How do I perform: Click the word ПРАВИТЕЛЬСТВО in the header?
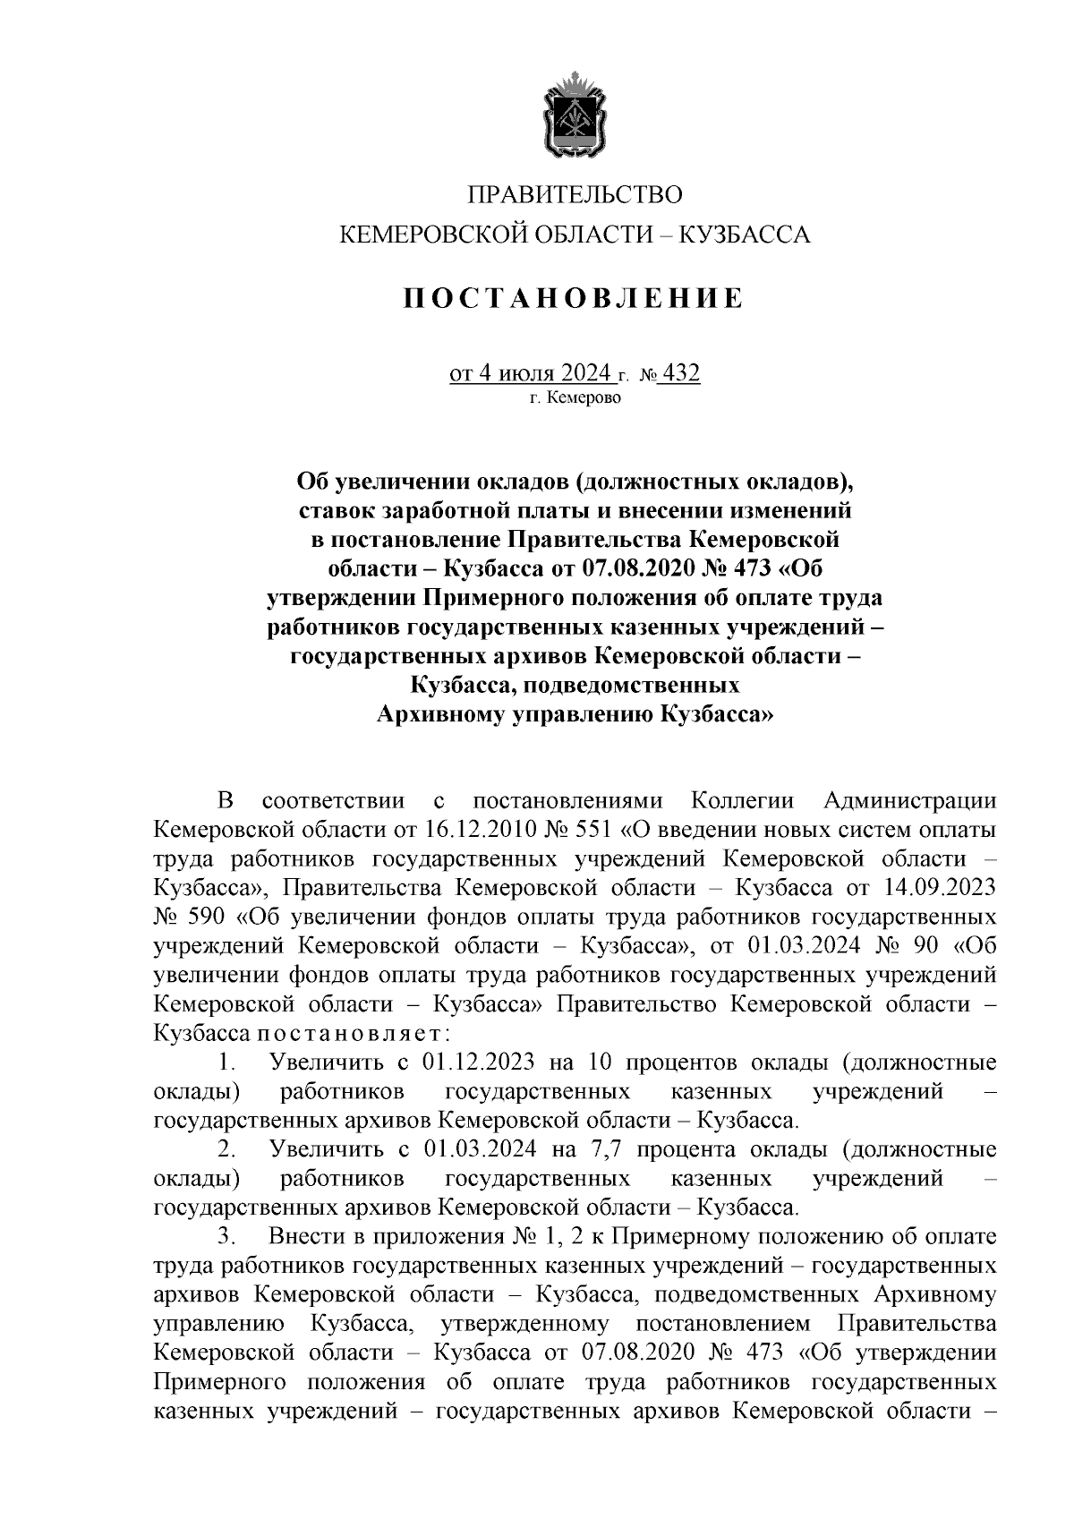tap(575, 195)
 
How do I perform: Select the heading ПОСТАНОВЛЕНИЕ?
tap(573, 298)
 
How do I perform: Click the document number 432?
tap(681, 372)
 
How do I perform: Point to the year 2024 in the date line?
tap(586, 372)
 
